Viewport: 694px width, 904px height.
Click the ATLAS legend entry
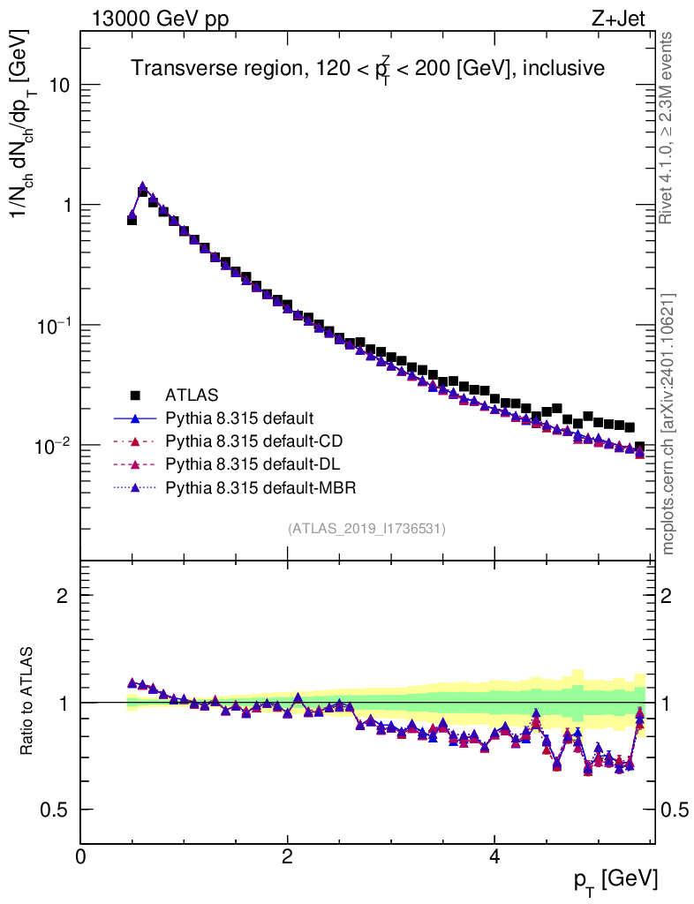[x=192, y=394]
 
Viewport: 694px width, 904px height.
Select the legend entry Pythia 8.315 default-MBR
[x=260, y=486]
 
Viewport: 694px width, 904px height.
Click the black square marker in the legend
[x=135, y=394]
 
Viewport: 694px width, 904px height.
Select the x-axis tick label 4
[x=494, y=857]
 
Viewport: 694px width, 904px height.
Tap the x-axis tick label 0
[x=81, y=857]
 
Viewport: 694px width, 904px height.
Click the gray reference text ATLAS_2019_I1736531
[x=366, y=529]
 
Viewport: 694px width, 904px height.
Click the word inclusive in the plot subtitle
[x=563, y=69]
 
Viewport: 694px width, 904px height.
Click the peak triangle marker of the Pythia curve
[x=142, y=187]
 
